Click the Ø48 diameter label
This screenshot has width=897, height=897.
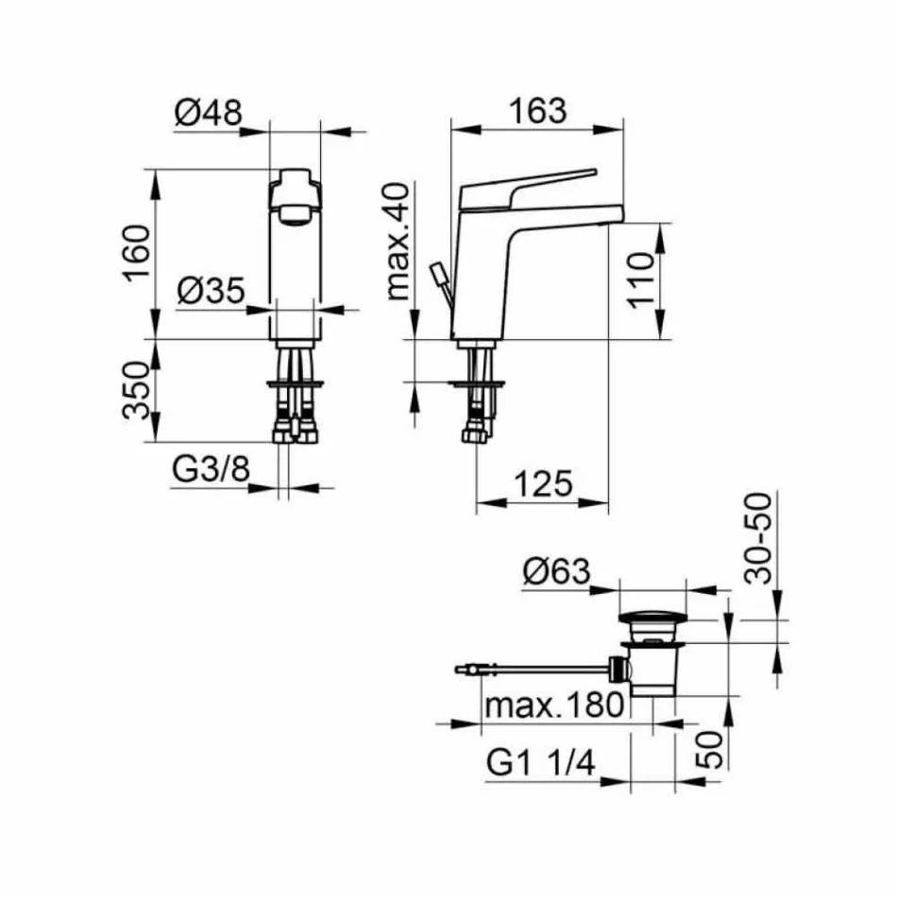pyautogui.click(x=209, y=112)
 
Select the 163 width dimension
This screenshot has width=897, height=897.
pyautogui.click(x=538, y=111)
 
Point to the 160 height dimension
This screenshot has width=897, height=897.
pyautogui.click(x=137, y=253)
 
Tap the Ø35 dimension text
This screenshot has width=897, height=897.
pyautogui.click(x=211, y=291)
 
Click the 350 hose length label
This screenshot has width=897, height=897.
pyautogui.click(x=136, y=390)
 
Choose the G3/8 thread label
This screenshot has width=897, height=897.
pyautogui.click(x=212, y=469)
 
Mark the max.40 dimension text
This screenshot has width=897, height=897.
pyautogui.click(x=398, y=242)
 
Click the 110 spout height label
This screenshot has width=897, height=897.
pyautogui.click(x=640, y=280)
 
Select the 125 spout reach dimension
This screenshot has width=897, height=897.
pyautogui.click(x=543, y=484)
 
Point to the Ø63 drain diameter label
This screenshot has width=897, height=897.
pyautogui.click(x=556, y=571)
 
